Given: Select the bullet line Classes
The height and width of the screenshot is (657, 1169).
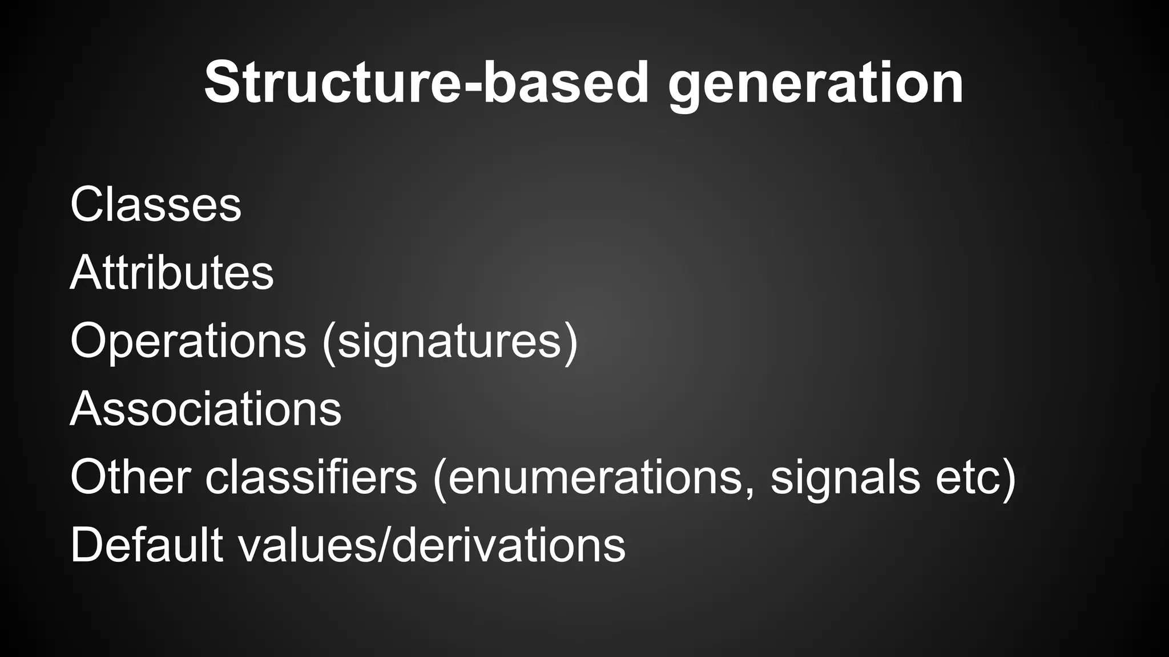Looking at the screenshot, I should click(156, 204).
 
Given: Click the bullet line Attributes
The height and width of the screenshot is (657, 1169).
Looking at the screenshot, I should click(172, 272).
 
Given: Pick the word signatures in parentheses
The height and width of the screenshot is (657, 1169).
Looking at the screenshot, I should click(450, 342).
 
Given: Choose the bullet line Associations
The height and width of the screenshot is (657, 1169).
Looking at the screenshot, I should click(205, 408).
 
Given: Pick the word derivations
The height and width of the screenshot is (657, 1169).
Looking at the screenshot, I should click(509, 546).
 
